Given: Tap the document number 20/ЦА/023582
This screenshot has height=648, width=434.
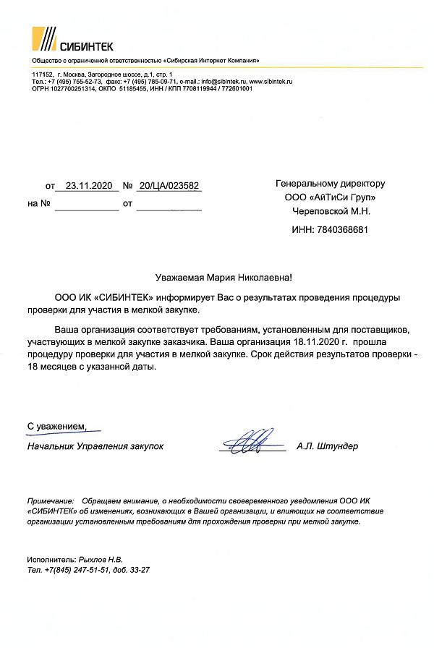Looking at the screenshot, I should point(168,186).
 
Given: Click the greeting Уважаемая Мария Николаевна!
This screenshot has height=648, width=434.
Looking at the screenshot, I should point(224,278).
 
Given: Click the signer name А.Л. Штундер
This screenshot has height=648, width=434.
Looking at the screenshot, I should point(327,446).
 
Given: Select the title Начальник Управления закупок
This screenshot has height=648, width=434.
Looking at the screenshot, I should point(95,446).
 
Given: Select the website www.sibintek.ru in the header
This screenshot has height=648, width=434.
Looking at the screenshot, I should point(271,82).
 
